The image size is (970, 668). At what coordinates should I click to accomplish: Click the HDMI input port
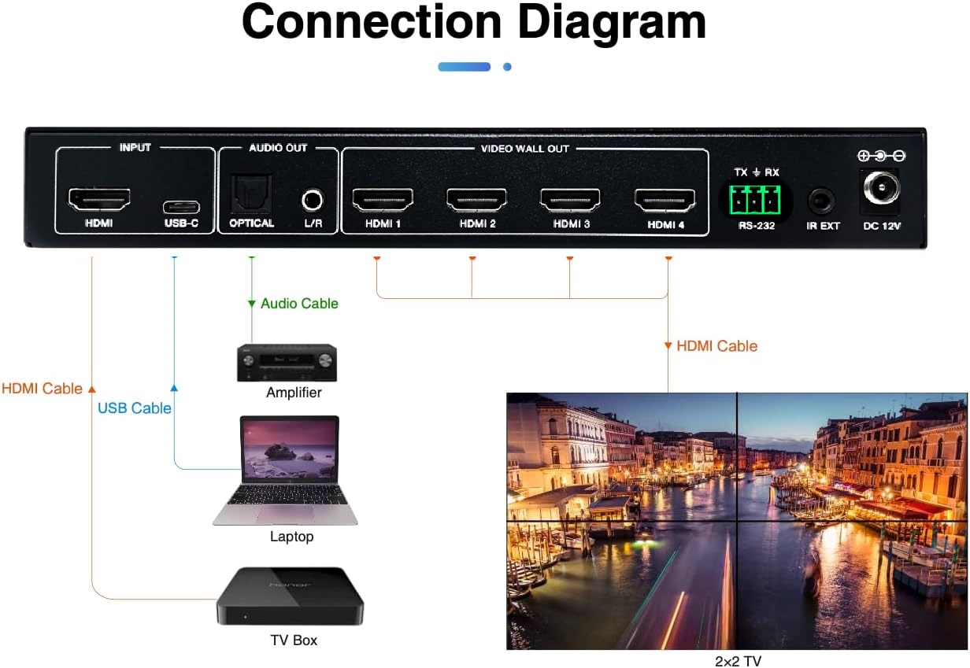point(100,200)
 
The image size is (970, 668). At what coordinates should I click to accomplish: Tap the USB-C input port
point(181,208)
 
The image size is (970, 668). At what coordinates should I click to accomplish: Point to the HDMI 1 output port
point(383,200)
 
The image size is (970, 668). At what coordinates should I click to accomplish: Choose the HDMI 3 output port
point(570,200)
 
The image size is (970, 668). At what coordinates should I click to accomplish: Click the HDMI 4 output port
point(665,200)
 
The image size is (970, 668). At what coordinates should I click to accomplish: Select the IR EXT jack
point(822,201)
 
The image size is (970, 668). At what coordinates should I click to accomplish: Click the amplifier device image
point(287,363)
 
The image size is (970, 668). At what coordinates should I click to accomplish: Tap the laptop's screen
point(289,449)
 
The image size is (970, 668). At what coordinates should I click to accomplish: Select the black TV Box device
point(291,596)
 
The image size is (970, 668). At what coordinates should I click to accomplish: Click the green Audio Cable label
point(299,304)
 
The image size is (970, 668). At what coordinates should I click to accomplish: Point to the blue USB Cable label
point(134,408)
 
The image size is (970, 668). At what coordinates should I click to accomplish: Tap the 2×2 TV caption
point(738,661)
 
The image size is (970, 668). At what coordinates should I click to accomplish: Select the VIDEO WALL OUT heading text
point(524,149)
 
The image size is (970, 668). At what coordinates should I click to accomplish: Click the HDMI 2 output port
point(476,200)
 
